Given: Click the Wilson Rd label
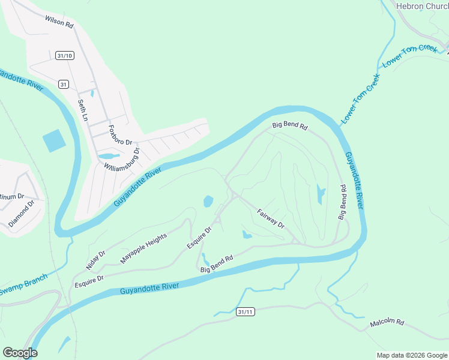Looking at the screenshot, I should point(59,22).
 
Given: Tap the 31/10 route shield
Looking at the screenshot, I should point(64,56).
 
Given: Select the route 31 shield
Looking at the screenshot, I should point(63,84).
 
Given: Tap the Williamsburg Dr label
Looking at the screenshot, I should point(121,159).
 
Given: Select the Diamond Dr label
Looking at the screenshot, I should point(22,213).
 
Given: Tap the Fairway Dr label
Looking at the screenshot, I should point(270,218).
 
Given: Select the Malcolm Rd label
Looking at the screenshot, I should point(387,322).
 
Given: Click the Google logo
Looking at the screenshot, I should point(20,352).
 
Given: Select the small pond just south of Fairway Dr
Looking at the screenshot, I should point(247,235).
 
